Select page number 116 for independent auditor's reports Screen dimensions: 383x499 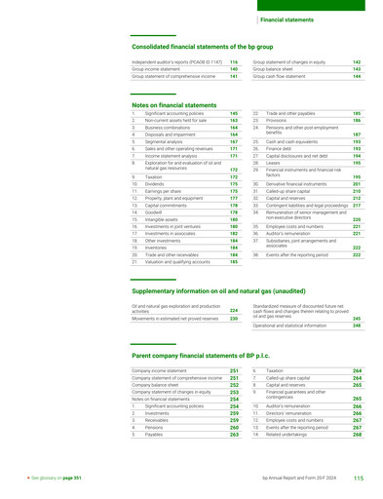[234, 62]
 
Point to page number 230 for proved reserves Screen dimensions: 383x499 [233, 319]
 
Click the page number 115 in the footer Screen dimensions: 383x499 [359, 479]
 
